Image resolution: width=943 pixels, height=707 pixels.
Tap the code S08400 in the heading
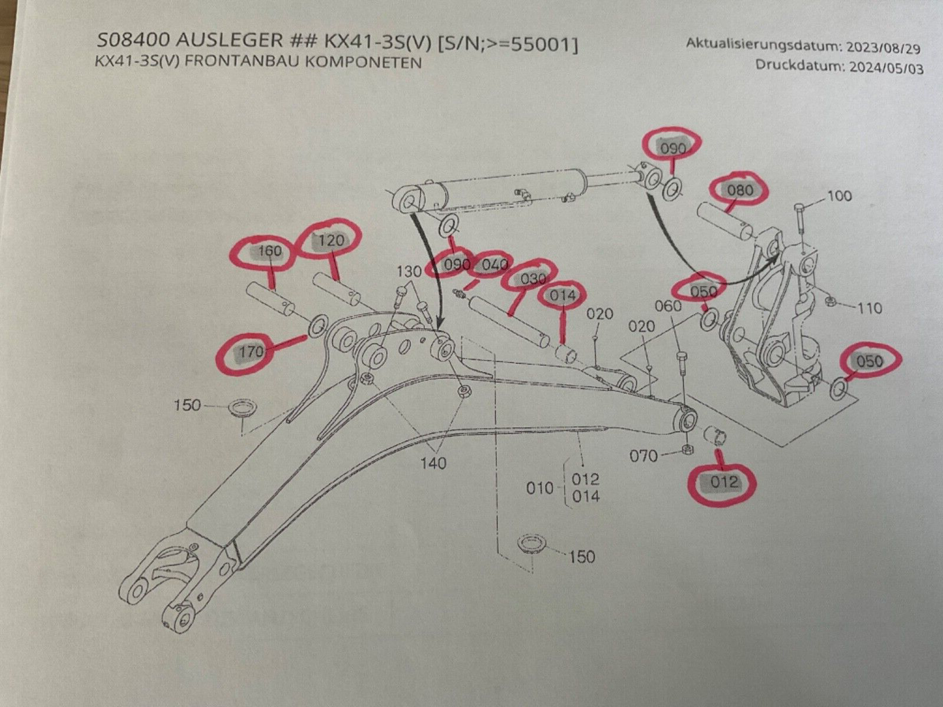click(x=134, y=43)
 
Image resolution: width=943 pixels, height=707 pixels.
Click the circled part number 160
click(x=270, y=251)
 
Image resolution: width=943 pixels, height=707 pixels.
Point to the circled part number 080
click(x=740, y=190)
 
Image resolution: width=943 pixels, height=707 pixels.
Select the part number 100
click(x=840, y=195)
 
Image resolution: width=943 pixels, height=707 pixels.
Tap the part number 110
click(x=869, y=308)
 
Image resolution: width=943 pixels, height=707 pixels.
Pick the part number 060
click(x=668, y=306)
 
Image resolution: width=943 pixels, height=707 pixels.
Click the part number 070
click(x=644, y=455)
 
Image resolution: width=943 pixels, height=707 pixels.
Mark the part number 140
click(x=433, y=464)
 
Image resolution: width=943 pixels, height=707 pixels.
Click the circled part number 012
click(x=724, y=482)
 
